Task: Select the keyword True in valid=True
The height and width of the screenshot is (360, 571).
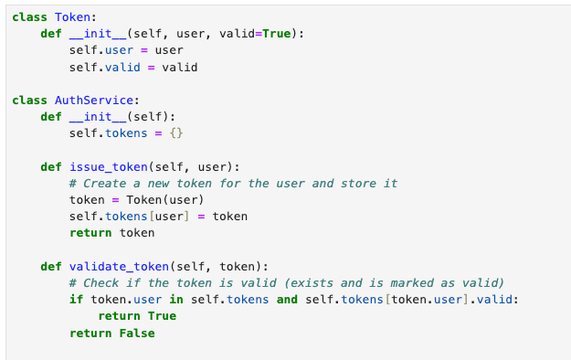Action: point(278,34)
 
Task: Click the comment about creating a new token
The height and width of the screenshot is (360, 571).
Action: point(233,184)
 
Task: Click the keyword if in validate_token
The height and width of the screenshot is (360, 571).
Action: point(76,300)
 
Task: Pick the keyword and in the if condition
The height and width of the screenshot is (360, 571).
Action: point(286,300)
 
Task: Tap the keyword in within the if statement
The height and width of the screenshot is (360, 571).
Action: point(177,300)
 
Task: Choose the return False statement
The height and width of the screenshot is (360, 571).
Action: point(112,333)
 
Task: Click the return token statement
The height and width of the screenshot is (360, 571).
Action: point(112,233)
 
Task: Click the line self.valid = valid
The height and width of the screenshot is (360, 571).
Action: point(133,67)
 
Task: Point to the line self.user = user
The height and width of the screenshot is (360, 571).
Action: point(126,50)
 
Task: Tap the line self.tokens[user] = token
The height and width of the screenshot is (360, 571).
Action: point(158,217)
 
